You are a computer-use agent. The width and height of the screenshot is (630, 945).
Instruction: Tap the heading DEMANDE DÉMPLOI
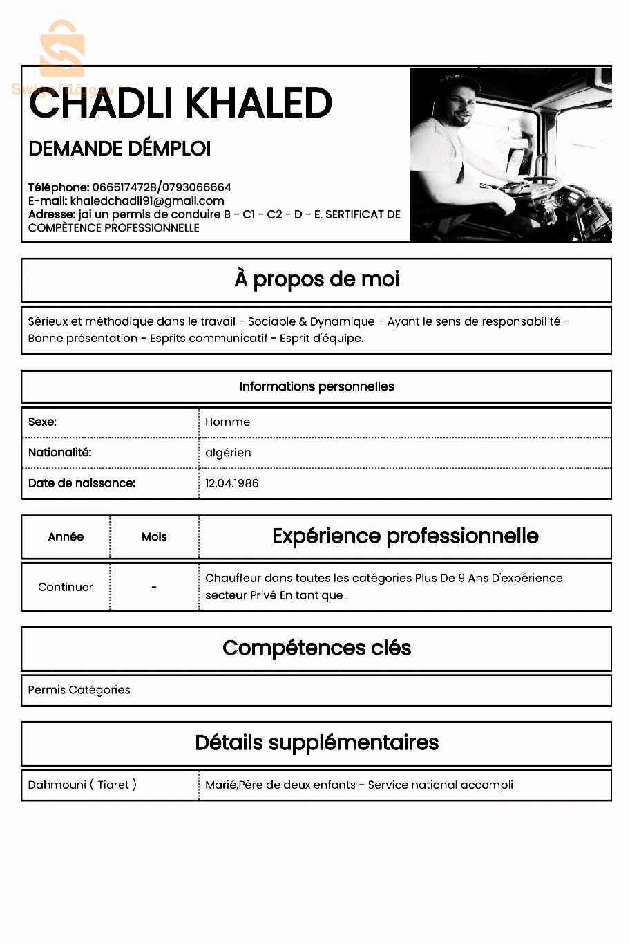click(x=120, y=149)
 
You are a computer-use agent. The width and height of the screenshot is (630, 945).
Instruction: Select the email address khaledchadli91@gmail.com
click(x=147, y=201)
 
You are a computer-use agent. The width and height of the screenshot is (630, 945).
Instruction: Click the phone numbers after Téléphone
click(x=162, y=187)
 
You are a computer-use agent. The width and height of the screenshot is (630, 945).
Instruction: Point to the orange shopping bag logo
click(x=62, y=50)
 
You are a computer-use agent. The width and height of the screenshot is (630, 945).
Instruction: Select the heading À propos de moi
click(x=316, y=279)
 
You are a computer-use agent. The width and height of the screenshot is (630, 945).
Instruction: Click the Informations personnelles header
click(x=316, y=386)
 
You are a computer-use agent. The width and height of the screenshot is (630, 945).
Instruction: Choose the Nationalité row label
click(x=60, y=453)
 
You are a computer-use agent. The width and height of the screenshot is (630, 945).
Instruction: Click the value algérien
click(x=229, y=453)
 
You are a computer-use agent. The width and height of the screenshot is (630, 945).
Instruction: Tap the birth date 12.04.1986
click(x=232, y=483)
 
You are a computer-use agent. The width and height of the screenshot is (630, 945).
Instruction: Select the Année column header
click(x=66, y=537)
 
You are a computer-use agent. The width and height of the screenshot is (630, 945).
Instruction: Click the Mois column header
click(x=154, y=537)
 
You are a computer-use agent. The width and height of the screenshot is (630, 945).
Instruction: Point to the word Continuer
click(x=66, y=587)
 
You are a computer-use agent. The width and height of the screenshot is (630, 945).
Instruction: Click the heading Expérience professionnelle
click(x=405, y=536)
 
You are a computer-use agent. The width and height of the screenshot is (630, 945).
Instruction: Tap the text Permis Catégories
click(x=79, y=690)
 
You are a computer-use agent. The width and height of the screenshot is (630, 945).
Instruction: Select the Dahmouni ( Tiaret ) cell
click(x=82, y=785)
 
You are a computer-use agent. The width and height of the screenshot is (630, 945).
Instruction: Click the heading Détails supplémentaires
click(x=316, y=742)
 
